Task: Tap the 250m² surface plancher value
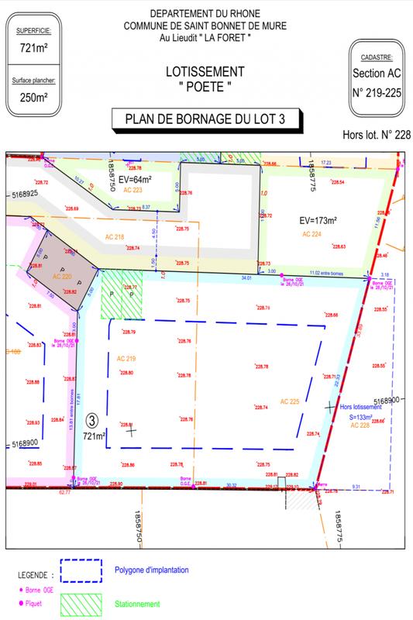click(x=33, y=98)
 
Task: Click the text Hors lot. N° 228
click(x=375, y=134)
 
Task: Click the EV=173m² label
click(x=323, y=219)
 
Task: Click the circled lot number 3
click(x=92, y=420)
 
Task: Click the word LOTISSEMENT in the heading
click(x=207, y=71)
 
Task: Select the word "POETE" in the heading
click(x=207, y=87)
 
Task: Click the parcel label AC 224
click(x=313, y=233)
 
